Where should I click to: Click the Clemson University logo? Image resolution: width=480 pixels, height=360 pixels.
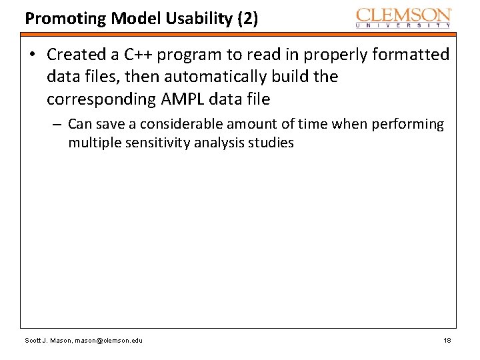(x=404, y=17)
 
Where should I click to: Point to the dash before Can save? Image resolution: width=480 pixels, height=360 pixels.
(x=59, y=125)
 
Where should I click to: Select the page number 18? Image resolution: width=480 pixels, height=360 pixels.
(x=447, y=341)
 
